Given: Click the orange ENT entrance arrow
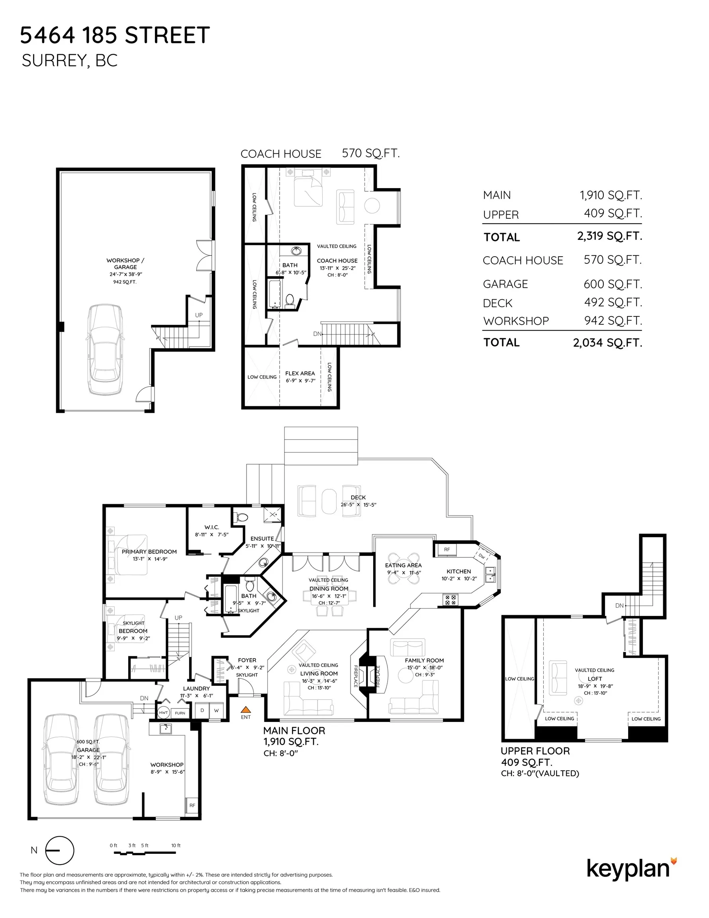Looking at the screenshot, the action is pyautogui.click(x=245, y=709).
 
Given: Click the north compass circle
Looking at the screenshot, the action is pyautogui.click(x=60, y=850).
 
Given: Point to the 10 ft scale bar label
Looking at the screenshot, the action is pyautogui.click(x=176, y=845).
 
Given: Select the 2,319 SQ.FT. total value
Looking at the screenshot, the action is pyautogui.click(x=609, y=236).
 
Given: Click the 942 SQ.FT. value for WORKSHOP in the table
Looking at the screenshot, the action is pyautogui.click(x=613, y=321).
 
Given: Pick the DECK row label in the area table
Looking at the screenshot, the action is pyautogui.click(x=497, y=303).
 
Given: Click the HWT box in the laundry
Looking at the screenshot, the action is pyautogui.click(x=163, y=712).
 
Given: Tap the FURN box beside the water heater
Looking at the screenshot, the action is pyautogui.click(x=180, y=713).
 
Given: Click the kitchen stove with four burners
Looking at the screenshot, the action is pyautogui.click(x=450, y=600).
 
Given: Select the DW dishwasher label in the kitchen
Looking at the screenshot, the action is pyautogui.click(x=482, y=556).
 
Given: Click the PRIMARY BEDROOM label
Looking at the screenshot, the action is pyautogui.click(x=149, y=551).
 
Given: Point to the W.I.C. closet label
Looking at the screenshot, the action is pyautogui.click(x=212, y=527).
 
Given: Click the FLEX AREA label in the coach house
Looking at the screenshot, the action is pyautogui.click(x=300, y=373).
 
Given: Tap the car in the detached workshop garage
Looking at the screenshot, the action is pyautogui.click(x=105, y=350).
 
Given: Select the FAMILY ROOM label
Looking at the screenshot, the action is pyautogui.click(x=424, y=660).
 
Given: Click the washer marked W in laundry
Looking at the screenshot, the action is pyautogui.click(x=216, y=710).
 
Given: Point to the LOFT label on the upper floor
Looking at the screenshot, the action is pyautogui.click(x=595, y=679).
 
